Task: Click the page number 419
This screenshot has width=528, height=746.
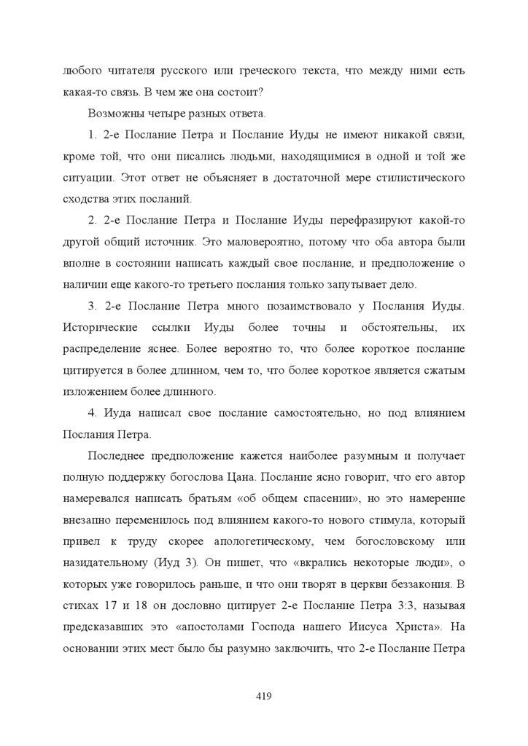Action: [264, 696]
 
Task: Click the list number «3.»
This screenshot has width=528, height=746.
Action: [93, 305]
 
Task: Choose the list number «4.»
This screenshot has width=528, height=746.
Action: [93, 412]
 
